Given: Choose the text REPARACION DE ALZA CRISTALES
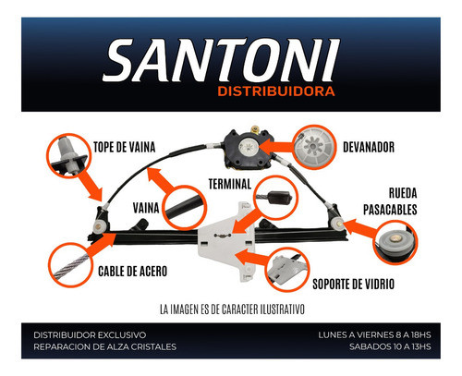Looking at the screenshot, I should click(x=104, y=346).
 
